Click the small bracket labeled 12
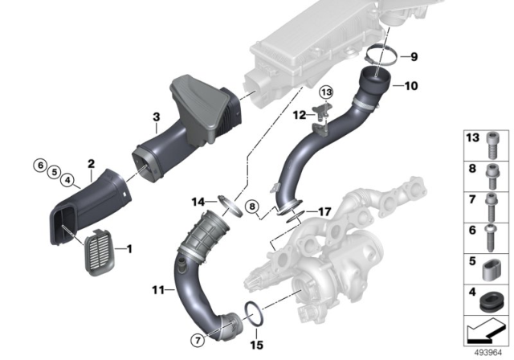coord(320,116)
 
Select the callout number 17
coord(324,212)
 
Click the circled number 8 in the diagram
coord(251,206)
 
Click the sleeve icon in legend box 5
coord(491,268)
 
